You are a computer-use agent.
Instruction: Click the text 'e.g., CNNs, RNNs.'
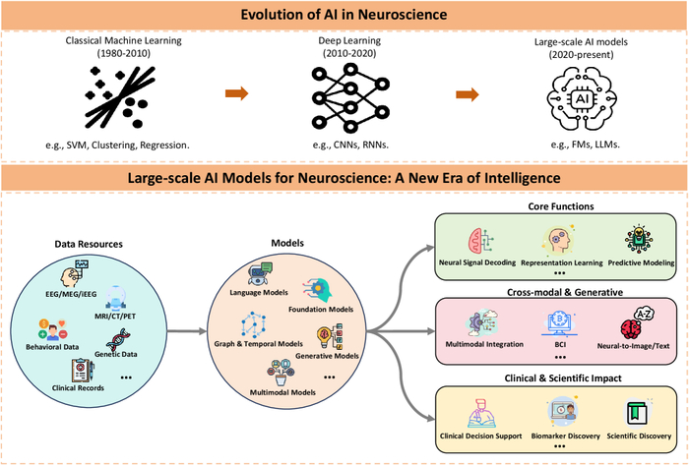tap(344, 145)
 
